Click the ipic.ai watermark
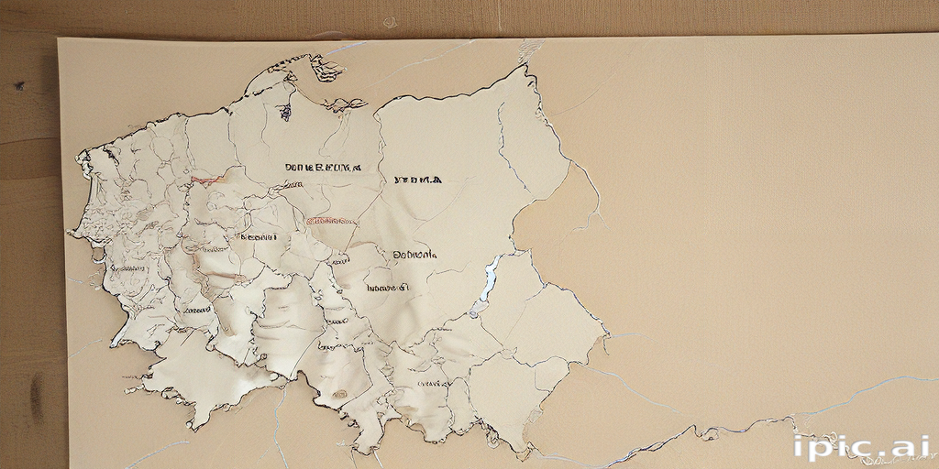tap(862, 448)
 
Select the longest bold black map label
tap(322, 169)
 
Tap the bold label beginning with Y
tap(417, 180)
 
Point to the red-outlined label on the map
tap(332, 221)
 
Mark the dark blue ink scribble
tap(285, 112)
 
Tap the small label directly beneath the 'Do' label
tap(388, 288)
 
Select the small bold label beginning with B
tap(258, 236)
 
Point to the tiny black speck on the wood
tap(18, 86)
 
